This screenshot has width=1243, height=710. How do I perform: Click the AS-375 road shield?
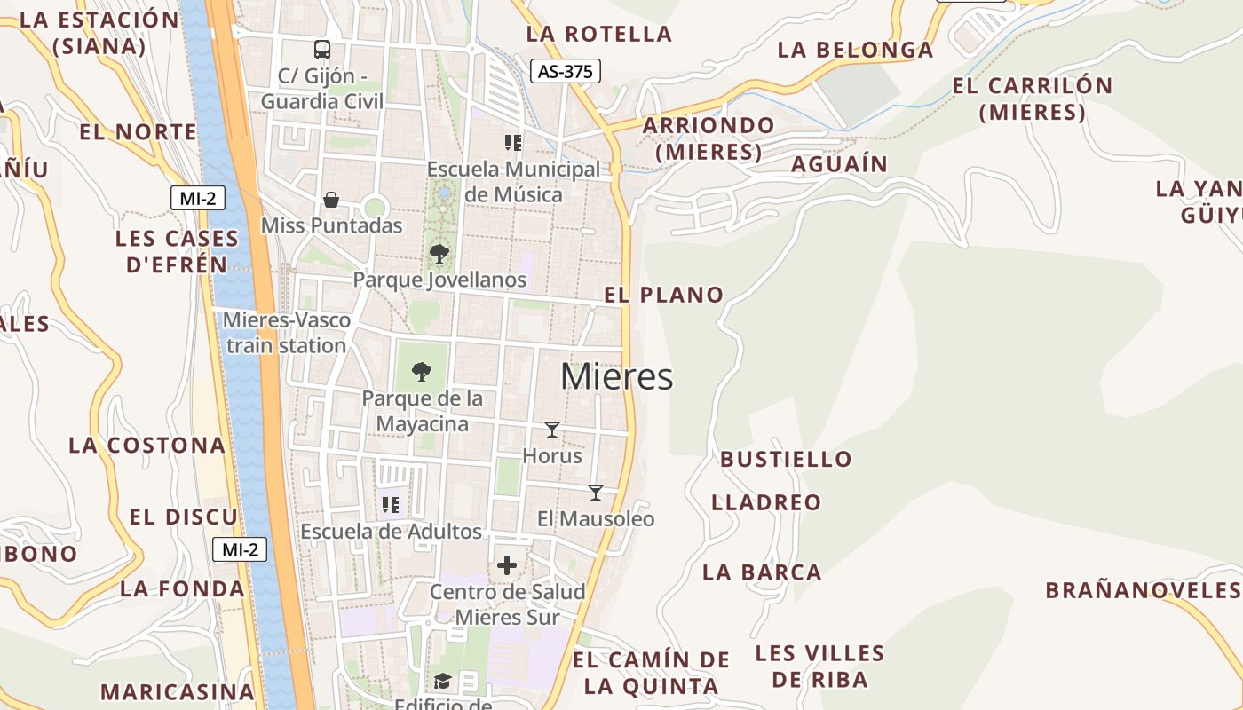click(566, 71)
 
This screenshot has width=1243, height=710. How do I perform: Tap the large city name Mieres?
click(616, 377)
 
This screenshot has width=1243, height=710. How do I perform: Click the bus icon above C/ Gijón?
click(322, 50)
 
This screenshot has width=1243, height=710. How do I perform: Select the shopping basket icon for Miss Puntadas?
click(331, 200)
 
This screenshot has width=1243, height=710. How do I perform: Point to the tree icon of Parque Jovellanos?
click(439, 254)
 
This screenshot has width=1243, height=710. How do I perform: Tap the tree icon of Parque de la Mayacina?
click(422, 371)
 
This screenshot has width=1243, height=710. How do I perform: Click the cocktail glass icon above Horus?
click(552, 430)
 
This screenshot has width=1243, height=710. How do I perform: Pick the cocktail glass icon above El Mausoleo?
click(596, 492)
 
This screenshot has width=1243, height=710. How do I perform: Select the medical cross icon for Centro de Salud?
click(507, 565)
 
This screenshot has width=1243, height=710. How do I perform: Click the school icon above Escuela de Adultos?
click(390, 505)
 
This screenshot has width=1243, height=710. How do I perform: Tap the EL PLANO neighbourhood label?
click(664, 296)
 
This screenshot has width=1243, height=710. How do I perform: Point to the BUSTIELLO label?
click(786, 460)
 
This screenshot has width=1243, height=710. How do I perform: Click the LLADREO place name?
click(766, 503)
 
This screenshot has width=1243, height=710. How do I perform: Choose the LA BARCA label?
click(762, 572)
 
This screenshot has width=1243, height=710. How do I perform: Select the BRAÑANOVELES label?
click(1142, 590)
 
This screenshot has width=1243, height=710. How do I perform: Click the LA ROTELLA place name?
click(599, 35)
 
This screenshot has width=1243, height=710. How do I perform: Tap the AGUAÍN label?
click(839, 164)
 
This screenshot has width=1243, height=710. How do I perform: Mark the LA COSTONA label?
click(147, 446)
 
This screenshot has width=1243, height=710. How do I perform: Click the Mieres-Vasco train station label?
click(287, 333)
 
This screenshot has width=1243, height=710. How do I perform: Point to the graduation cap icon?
click(442, 681)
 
